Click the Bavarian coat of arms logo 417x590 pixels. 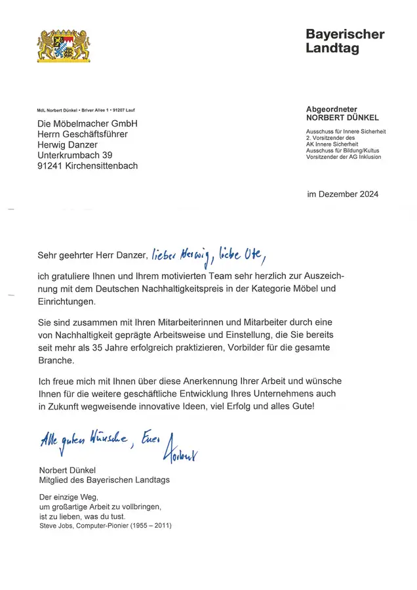point(64,45)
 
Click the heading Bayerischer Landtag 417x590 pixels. point(345,41)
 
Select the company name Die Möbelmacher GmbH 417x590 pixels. point(87,124)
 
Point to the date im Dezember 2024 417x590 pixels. point(342,194)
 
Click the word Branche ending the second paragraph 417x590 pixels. point(56,361)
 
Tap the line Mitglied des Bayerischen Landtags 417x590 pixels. point(104,480)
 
